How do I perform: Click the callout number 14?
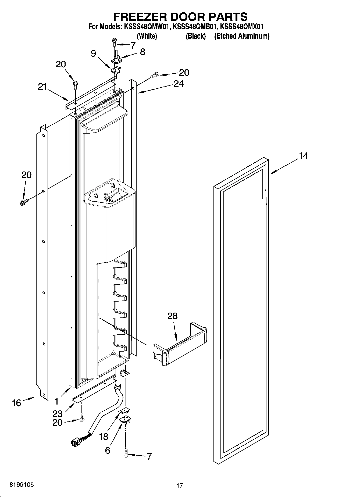click(303, 156)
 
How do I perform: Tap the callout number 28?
click(172, 316)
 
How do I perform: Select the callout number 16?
click(16, 403)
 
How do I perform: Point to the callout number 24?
click(179, 84)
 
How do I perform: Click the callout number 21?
click(42, 87)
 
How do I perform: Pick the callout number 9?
click(93, 53)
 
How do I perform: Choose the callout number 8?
click(142, 52)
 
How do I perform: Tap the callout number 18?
click(104, 437)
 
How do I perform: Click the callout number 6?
click(107, 450)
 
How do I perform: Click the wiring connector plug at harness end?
click(75, 442)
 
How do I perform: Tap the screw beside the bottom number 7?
click(125, 454)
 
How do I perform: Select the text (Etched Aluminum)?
click(241, 36)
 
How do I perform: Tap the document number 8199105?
click(22, 485)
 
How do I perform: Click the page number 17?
click(179, 485)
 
